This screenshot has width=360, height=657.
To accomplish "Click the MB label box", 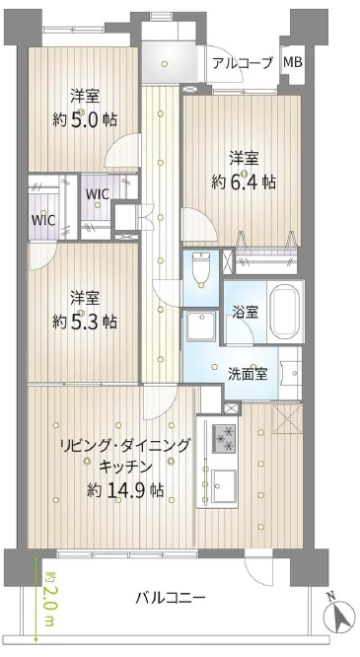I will [x=293, y=61].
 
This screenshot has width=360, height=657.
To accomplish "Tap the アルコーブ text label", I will [x=242, y=62].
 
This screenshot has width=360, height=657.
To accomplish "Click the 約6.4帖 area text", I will [x=243, y=182].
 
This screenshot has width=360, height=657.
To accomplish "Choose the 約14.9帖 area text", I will [x=124, y=489].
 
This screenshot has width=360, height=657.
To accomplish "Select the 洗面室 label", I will [x=248, y=373].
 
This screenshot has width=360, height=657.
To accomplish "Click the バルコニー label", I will [x=171, y=598].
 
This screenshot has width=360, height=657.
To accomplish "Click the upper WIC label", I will [x=97, y=194].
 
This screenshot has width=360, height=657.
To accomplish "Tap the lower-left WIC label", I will [x=43, y=220].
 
